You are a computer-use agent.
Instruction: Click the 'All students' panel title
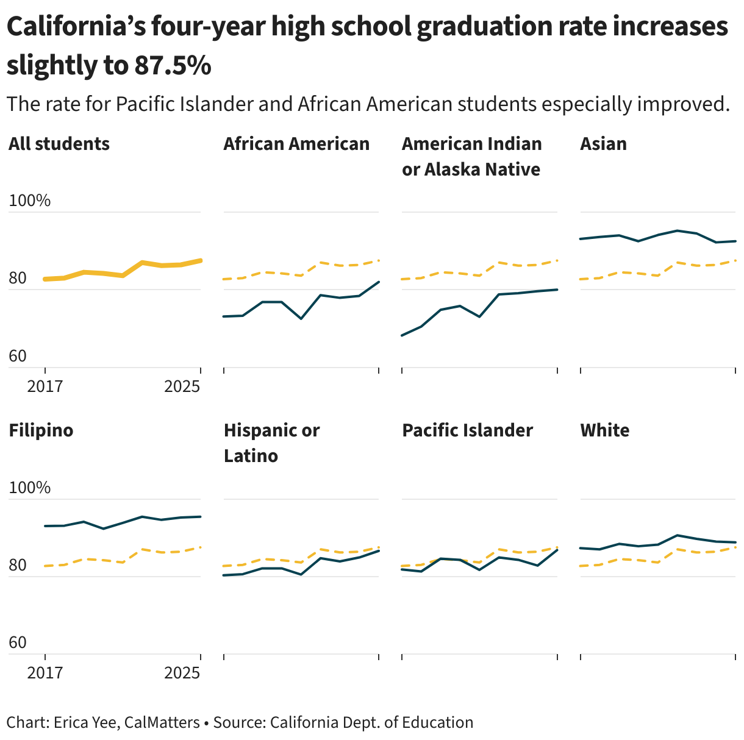[59, 144]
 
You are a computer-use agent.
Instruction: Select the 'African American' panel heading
[296, 144]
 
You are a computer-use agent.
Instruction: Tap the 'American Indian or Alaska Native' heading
[471, 156]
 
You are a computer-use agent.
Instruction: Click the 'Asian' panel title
[603, 144]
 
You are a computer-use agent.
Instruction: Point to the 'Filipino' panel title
[41, 430]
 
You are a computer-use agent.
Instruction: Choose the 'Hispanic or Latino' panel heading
[271, 443]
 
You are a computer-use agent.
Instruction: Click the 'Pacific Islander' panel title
[467, 430]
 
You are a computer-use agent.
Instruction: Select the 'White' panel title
[604, 430]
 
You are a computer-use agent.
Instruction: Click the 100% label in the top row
[29, 201]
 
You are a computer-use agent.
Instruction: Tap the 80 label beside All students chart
[18, 279]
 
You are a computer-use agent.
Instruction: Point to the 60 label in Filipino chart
[18, 642]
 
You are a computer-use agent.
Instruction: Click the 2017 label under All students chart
[45, 386]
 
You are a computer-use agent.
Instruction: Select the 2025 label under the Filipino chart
[182, 673]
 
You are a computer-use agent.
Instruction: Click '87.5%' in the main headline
[173, 65]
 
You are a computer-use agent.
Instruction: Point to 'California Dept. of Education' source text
[371, 722]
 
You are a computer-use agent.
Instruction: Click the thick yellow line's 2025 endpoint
[200, 260]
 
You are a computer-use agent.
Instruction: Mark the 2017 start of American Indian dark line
[402, 335]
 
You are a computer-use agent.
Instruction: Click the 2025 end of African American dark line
[379, 282]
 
